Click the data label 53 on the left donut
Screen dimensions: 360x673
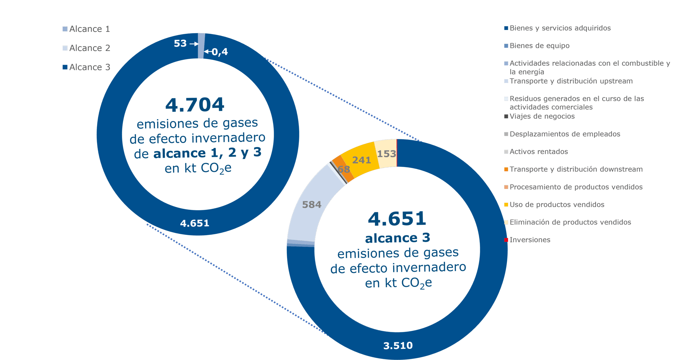tap(180, 44)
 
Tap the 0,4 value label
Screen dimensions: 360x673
tap(220, 52)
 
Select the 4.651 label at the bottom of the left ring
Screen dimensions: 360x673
tap(195, 223)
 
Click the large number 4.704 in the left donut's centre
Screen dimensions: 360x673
tap(195, 105)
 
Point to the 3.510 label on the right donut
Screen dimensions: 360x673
tap(398, 346)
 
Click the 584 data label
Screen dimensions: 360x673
tap(312, 205)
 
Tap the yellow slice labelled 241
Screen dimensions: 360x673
tap(360, 158)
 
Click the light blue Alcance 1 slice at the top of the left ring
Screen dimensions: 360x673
tap(201, 46)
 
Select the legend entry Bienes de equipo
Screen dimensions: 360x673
tap(539, 46)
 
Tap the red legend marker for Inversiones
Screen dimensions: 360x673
tap(506, 240)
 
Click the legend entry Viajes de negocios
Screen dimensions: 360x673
tap(542, 116)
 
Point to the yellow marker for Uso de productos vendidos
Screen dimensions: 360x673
tap(506, 205)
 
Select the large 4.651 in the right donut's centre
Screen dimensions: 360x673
tap(397, 219)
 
